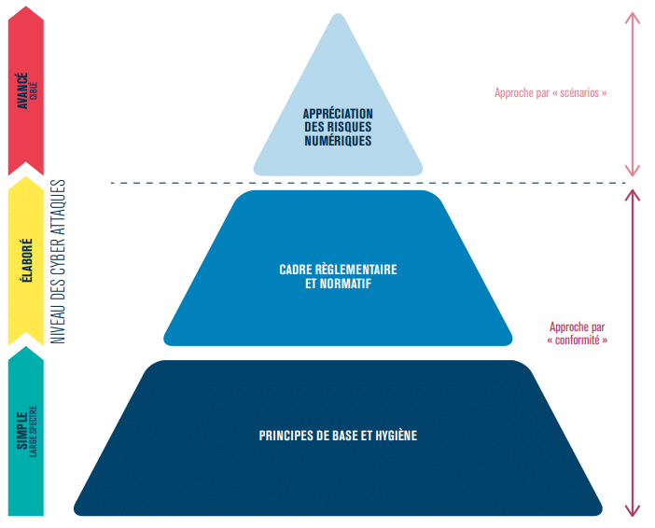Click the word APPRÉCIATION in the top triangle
click(338, 114)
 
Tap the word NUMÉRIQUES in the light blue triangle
click(338, 142)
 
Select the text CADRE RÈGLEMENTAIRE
click(338, 270)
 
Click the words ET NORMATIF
click(338, 284)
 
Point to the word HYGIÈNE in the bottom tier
click(395, 436)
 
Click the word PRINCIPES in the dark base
click(286, 436)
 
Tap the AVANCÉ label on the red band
click(22, 91)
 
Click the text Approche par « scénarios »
click(550, 93)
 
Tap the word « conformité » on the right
click(578, 340)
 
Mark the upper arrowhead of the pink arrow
click(633, 18)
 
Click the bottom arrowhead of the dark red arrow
click(633, 510)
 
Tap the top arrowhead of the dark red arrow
click(633, 194)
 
